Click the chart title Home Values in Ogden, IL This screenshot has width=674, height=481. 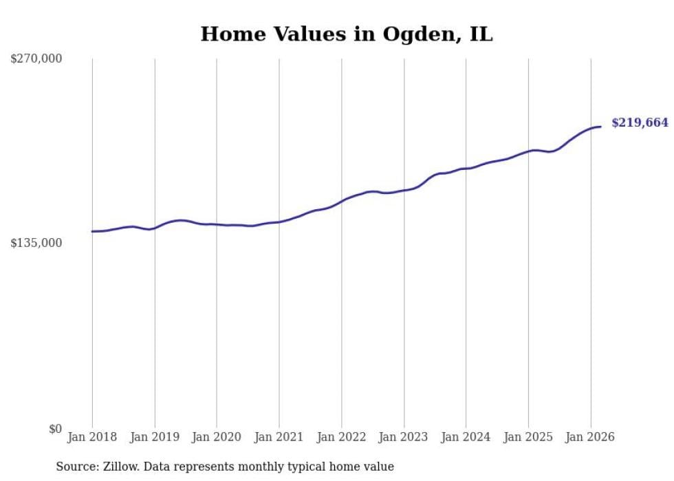(x=346, y=34)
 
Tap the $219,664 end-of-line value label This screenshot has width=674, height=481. (x=640, y=123)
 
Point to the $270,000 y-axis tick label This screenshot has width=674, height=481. (x=36, y=59)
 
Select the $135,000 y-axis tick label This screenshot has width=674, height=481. (x=36, y=243)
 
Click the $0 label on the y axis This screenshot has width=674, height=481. (x=55, y=429)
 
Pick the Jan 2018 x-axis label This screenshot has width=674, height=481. (x=92, y=437)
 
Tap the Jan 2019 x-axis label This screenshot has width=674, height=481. (x=155, y=437)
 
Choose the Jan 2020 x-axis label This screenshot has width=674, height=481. (x=217, y=437)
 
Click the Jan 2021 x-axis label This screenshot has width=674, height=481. (x=279, y=437)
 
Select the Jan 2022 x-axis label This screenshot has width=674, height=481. (x=341, y=437)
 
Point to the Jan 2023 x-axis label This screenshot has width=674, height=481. (x=404, y=437)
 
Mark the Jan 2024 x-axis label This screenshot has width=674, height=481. (x=466, y=437)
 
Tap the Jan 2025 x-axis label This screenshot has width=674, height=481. (x=528, y=437)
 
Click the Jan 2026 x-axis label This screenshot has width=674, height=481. (x=590, y=437)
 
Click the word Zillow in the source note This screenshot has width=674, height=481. (x=119, y=467)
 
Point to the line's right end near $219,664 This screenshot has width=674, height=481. (x=601, y=127)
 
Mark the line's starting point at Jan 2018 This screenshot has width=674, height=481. (x=92, y=231)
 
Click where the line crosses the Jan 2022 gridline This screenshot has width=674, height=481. (x=341, y=201)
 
